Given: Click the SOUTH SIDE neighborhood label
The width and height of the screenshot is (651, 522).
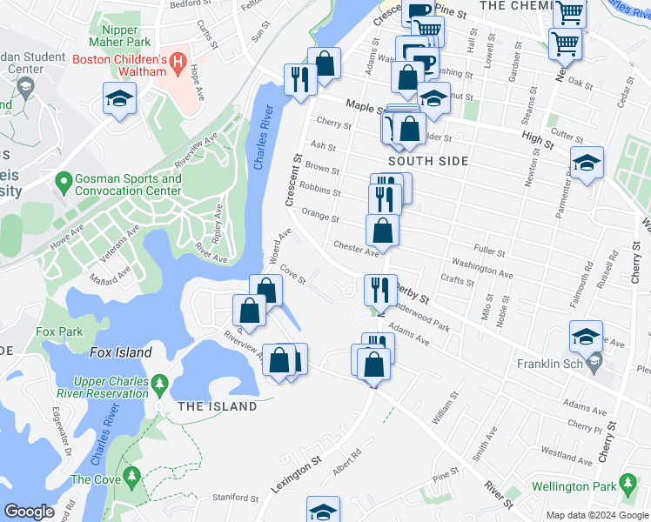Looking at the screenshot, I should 428,161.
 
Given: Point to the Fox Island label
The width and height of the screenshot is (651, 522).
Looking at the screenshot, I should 120,352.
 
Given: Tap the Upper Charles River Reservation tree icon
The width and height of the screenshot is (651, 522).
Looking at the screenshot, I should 159,383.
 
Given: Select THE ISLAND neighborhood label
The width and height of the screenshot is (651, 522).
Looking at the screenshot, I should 218,406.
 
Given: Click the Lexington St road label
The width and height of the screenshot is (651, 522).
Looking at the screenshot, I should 296,474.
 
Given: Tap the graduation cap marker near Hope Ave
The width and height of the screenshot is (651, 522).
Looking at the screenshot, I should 118,97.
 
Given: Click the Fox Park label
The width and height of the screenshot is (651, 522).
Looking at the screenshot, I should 58,331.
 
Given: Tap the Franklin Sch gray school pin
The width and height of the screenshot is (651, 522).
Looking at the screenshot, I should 594,363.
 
